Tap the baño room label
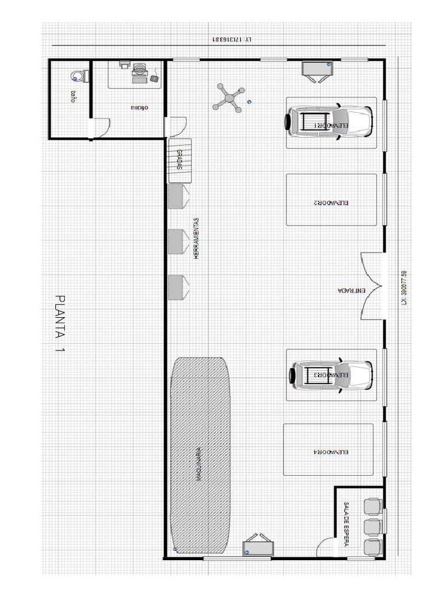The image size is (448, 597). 73,96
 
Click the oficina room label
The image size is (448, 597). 138,108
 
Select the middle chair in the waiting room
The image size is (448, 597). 372,526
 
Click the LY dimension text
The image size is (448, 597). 232,40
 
